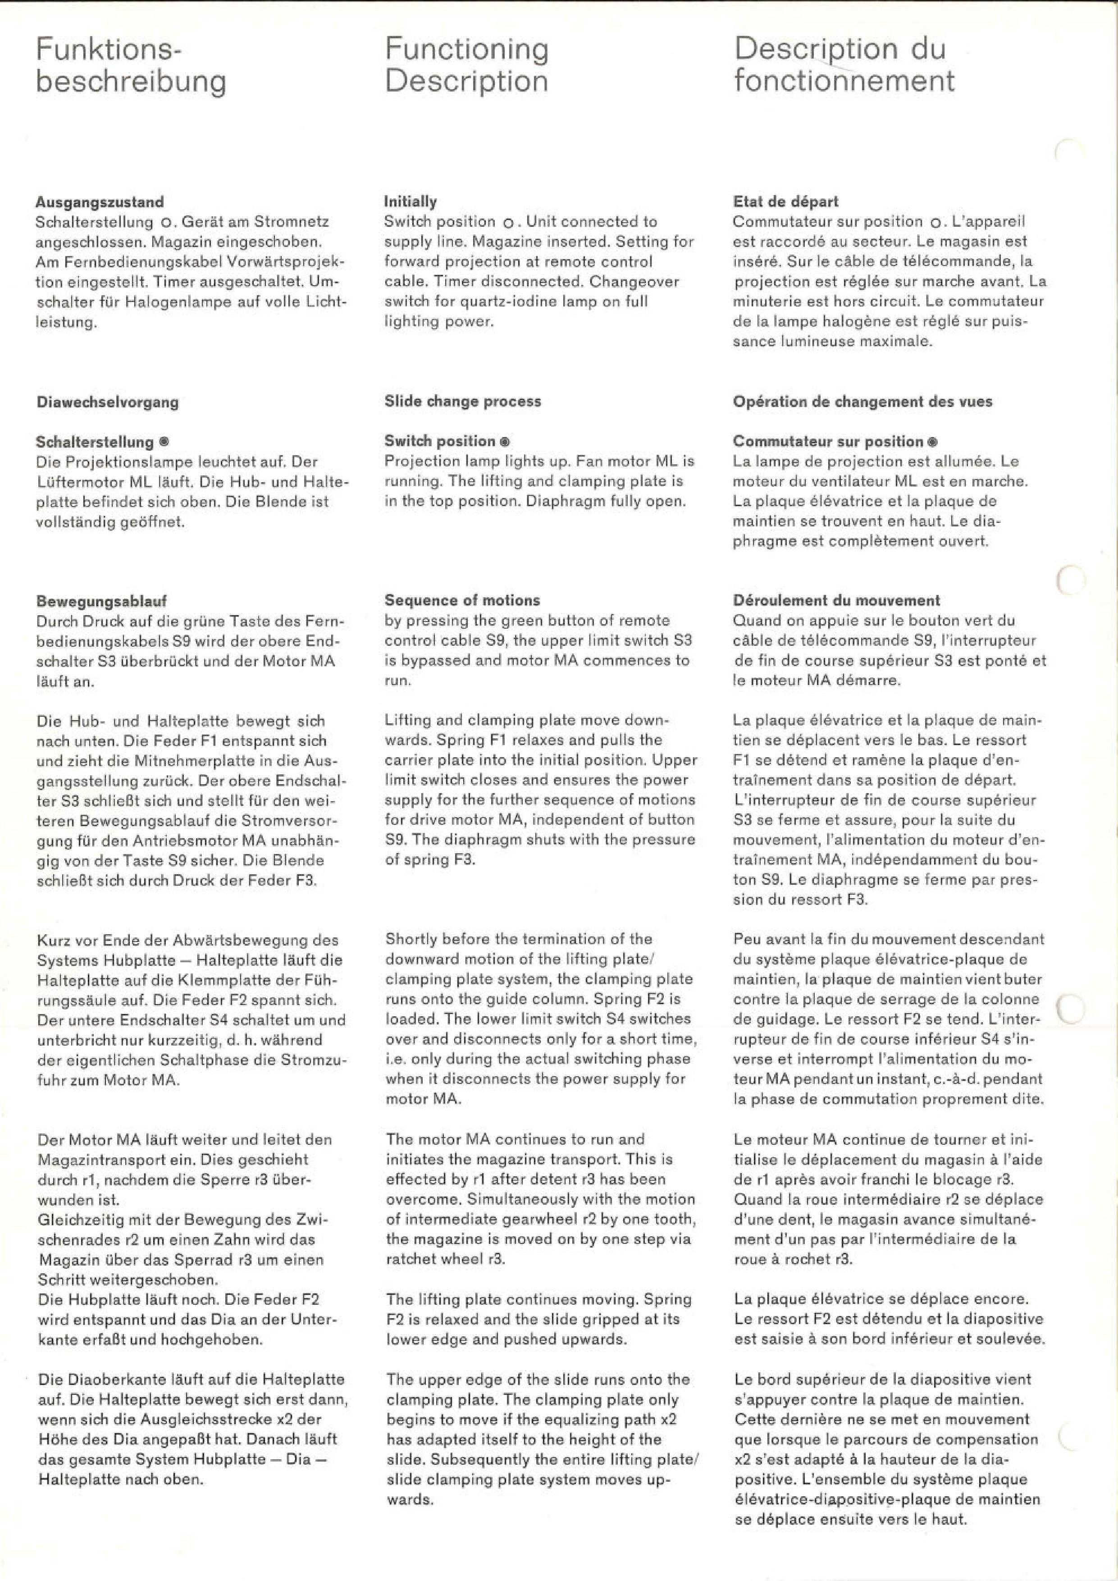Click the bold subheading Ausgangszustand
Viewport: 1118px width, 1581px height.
tap(100, 202)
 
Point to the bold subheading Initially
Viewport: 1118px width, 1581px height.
tap(411, 202)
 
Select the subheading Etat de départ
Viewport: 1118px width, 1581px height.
tap(785, 202)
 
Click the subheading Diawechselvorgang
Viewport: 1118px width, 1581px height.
tap(107, 402)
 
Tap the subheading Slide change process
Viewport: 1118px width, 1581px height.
tap(463, 402)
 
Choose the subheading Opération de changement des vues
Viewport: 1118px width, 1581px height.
tap(862, 402)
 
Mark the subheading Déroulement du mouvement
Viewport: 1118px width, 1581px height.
tap(836, 600)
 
